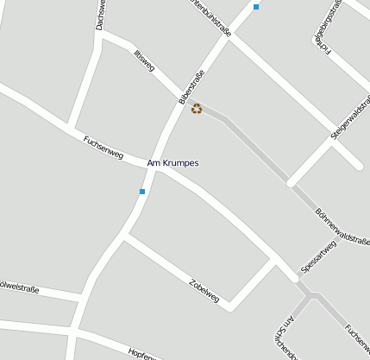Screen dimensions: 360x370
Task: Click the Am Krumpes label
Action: pyautogui.click(x=173, y=163)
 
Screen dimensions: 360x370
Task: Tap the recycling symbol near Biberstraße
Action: pyautogui.click(x=197, y=109)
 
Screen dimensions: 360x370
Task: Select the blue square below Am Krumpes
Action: pyautogui.click(x=142, y=192)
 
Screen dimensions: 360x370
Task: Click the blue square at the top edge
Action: pyautogui.click(x=256, y=7)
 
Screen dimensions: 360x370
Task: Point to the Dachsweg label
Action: pyautogui.click(x=101, y=15)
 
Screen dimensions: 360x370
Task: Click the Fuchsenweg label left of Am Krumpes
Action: pyautogui.click(x=103, y=148)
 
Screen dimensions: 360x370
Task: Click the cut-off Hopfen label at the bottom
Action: pyautogui.click(x=141, y=355)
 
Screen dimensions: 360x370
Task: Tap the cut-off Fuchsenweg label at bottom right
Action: pyautogui.click(x=356, y=342)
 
